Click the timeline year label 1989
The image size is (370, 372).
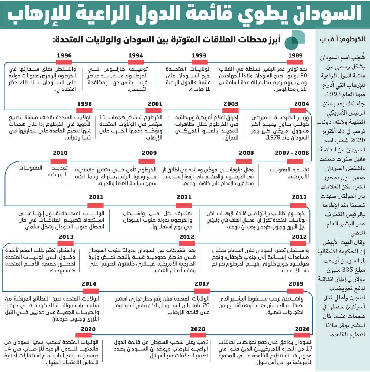point(295,55)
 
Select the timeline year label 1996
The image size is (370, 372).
point(64,55)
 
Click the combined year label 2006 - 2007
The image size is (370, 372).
point(292,153)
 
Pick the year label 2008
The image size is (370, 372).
point(246,153)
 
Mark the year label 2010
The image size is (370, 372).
point(60,153)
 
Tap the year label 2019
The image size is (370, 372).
point(296,284)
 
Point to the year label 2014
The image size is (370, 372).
point(89,284)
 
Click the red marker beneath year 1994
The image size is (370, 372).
point(136,62)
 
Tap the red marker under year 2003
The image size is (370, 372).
point(231,110)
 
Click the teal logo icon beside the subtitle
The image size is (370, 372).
point(297,38)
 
